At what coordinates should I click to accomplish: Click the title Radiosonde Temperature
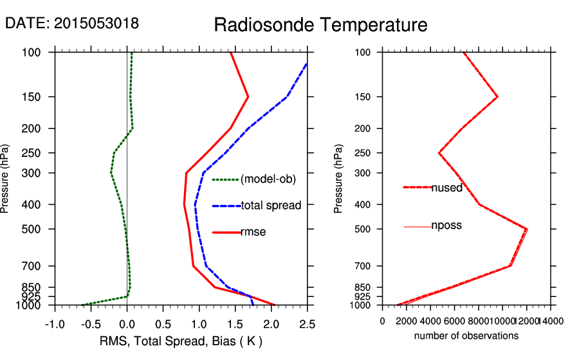pos(320,25)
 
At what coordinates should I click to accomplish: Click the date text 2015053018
pos(72,24)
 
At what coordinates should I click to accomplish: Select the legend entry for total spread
pos(271,206)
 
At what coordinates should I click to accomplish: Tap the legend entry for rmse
pos(253,232)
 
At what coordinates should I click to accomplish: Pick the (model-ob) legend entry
pos(268,179)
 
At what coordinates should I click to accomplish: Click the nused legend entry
pos(446,187)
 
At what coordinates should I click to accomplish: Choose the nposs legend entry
pos(446,226)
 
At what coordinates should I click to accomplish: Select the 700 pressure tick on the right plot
pos(363,265)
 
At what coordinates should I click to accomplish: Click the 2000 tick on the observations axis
pos(407,320)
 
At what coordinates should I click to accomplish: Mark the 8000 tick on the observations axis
pos(479,320)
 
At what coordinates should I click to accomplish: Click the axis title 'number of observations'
pos(466,336)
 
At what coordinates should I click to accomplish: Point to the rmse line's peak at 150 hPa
pos(248,97)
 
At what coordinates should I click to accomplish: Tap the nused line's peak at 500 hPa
pos(527,229)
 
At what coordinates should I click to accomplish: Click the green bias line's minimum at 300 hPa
pos(111,173)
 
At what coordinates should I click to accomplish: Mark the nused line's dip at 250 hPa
pos(439,153)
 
